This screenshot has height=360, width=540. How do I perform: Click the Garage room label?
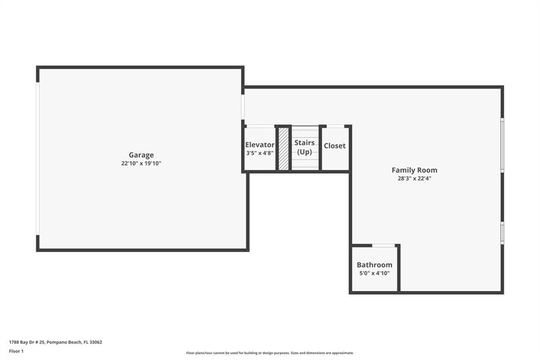point(141,155)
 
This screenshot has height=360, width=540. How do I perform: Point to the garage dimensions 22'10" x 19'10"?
point(141,163)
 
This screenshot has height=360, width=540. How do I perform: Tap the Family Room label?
point(414,170)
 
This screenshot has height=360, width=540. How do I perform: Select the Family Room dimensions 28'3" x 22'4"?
point(414,178)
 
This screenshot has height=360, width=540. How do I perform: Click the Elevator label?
point(260,145)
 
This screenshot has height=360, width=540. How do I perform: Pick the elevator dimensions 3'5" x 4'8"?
point(260,153)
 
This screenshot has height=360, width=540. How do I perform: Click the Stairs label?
point(304,143)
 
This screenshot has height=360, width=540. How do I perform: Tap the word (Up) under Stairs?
point(304,152)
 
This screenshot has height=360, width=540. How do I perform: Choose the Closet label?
point(335,146)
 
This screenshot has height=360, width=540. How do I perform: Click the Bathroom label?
point(375,265)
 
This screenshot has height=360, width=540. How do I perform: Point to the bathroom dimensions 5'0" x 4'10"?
point(375,274)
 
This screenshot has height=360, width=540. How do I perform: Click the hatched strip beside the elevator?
point(283,148)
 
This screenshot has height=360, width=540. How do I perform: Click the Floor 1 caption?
point(16,351)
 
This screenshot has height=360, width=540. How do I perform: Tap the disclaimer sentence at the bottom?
point(269,353)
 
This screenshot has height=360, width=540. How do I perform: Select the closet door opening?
point(335,126)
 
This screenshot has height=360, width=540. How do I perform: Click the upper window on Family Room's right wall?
point(502,145)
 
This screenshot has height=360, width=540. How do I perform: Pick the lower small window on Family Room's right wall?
point(502,232)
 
